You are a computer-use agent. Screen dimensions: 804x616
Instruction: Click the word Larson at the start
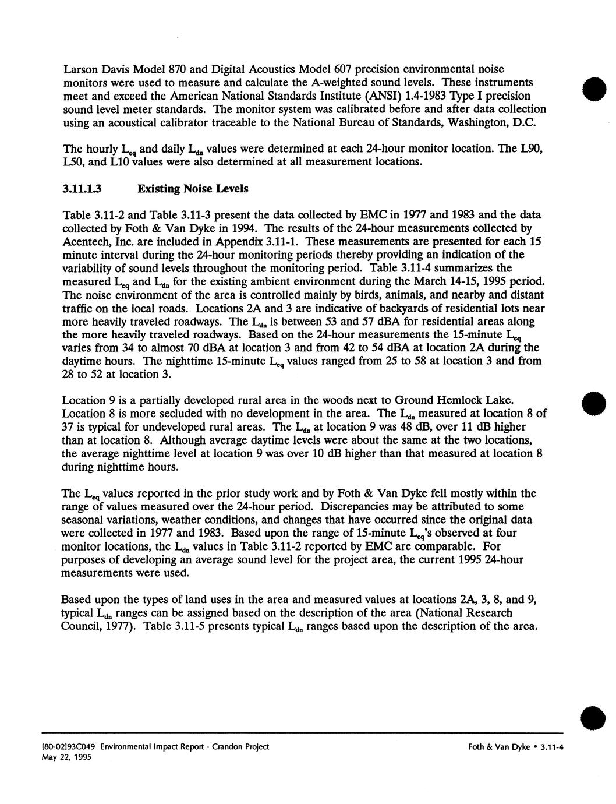click(79, 69)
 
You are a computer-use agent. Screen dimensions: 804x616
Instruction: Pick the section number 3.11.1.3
click(83, 189)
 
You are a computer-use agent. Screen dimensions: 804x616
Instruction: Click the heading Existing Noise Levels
click(193, 189)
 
